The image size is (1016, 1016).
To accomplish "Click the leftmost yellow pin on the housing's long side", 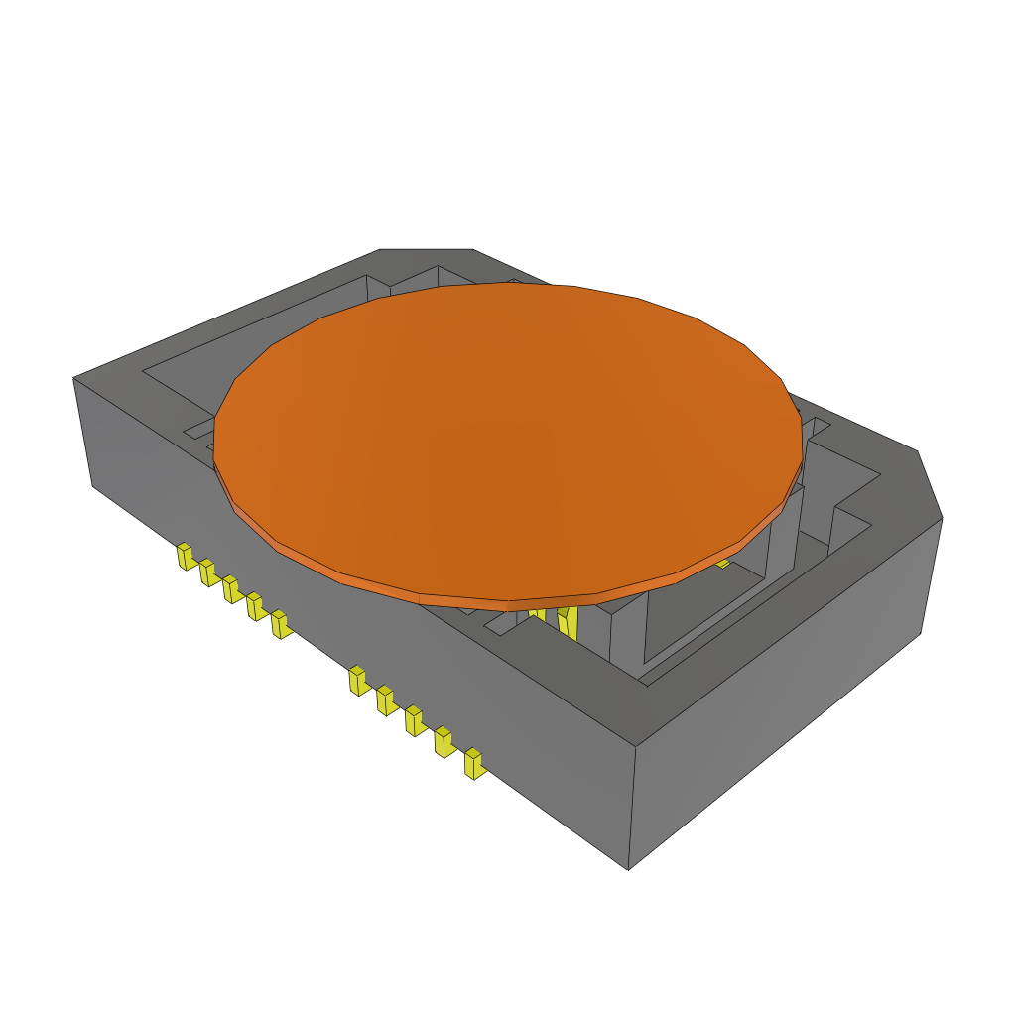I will pyautogui.click(x=185, y=557).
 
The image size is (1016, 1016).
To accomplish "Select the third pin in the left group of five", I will pyautogui.click(x=231, y=589).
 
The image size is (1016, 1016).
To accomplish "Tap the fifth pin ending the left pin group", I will pyautogui.click(x=280, y=624).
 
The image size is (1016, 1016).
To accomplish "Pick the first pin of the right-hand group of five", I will pyautogui.click(x=357, y=681).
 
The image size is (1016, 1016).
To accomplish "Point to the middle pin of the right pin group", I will pyautogui.click(x=414, y=721).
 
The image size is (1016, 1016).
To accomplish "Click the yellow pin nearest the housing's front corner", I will pyautogui.click(x=474, y=764).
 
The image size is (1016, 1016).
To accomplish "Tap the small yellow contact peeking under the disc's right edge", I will pyautogui.click(x=723, y=563).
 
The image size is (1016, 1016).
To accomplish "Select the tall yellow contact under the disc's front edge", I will pyautogui.click(x=568, y=622).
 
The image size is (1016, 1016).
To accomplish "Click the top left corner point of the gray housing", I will pyautogui.click(x=74, y=378).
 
